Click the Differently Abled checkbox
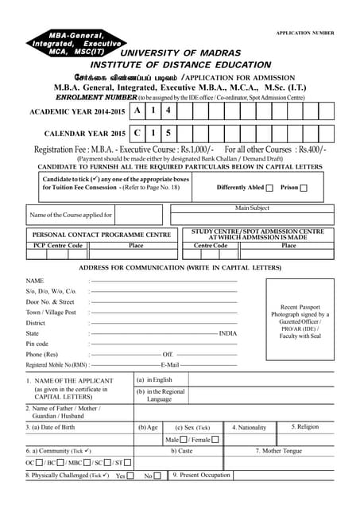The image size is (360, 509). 269,188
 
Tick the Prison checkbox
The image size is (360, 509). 303,188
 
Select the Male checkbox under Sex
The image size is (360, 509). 184,440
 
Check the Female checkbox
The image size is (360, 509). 215,440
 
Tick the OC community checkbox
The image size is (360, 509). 39,462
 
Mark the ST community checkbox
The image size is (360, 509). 127,462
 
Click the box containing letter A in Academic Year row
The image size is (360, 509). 138,111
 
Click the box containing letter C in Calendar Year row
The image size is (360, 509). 138,134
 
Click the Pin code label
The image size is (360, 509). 37,344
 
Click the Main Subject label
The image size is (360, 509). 253,208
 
